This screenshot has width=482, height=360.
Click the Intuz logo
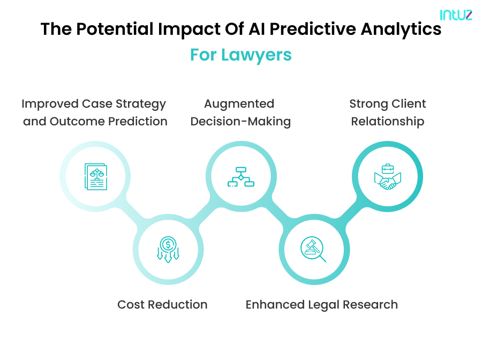click(456, 14)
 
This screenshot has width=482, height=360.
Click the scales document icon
click(95, 177)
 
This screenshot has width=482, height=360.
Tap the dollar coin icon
click(168, 250)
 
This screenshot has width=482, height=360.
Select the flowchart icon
click(241, 177)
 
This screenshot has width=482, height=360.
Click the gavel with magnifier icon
click(314, 250)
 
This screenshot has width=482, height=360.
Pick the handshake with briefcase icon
click(387, 177)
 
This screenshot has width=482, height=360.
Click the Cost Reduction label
click(162, 305)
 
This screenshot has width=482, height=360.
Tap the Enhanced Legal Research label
click(321, 305)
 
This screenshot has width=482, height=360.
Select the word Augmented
click(239, 104)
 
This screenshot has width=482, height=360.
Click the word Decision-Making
click(240, 122)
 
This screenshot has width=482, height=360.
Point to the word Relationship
click(387, 122)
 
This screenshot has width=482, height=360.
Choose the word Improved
click(49, 104)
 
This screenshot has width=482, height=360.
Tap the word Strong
click(368, 104)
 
